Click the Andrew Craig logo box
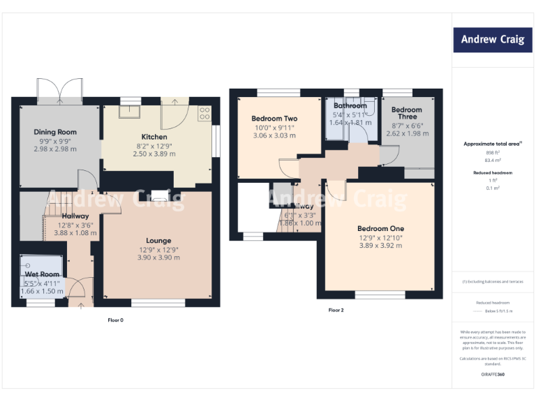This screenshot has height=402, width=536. coord(493,40)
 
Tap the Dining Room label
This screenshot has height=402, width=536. coord(55,132)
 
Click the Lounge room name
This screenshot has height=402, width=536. coord(158,241)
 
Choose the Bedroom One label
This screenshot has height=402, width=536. coord(380,228)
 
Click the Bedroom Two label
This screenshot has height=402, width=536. coord(274,119)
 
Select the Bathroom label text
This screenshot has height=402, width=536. coord(350,106)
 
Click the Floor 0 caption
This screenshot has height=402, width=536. coord(115,320)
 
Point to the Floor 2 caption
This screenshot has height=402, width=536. coord(336,310)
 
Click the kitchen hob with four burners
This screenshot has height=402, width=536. coord(204,114)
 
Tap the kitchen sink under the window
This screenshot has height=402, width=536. coord(129,110)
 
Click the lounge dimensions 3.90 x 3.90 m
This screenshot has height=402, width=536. coord(158,258)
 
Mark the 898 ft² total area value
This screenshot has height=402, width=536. coord(493,152)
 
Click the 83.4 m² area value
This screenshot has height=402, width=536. coord(493,160)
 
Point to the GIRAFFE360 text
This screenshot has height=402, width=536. coord(493,375)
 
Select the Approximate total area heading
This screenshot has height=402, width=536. coord(493,144)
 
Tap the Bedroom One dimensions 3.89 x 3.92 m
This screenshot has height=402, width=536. coord(380,245)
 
